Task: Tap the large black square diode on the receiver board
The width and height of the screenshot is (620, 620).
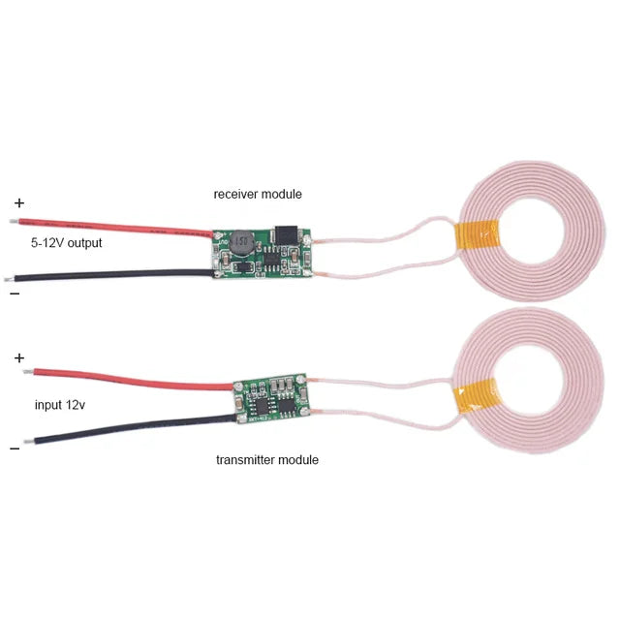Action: [286, 234]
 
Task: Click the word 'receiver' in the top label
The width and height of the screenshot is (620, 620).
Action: [236, 194]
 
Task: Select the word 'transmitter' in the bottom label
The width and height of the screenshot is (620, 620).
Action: [245, 460]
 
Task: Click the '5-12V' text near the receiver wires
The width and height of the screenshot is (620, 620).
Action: [46, 242]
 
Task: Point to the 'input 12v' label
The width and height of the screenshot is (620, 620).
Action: [60, 405]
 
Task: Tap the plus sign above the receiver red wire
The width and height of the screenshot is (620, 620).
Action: [19, 203]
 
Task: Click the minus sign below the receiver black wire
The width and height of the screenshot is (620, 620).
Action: [15, 294]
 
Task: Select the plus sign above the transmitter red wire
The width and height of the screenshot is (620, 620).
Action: [19, 358]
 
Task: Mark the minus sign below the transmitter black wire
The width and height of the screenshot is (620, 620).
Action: [15, 449]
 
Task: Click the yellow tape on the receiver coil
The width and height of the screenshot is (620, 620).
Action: [477, 235]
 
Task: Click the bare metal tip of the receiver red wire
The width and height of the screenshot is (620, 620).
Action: [15, 221]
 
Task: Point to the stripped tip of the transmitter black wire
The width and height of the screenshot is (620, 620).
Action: [29, 442]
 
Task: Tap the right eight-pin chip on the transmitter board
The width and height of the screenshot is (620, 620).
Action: [287, 405]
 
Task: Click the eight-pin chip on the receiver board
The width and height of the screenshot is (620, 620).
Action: [272, 259]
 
